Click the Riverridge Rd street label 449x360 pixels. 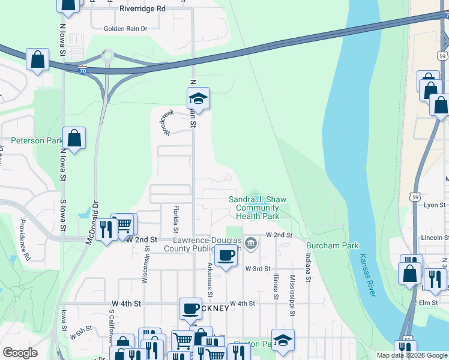coord(142,9)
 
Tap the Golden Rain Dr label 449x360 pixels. coord(125,28)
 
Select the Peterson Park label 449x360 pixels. coord(36,140)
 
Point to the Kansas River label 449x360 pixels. coord(367,275)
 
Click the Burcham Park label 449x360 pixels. coord(332,245)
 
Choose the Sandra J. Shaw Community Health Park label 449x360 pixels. coord(258,208)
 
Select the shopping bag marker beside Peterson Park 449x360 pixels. coord(74,139)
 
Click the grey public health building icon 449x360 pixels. coord(251,244)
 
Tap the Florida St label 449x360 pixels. coord(176,218)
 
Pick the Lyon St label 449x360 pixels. coord(434,205)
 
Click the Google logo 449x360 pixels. coord(20,353)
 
